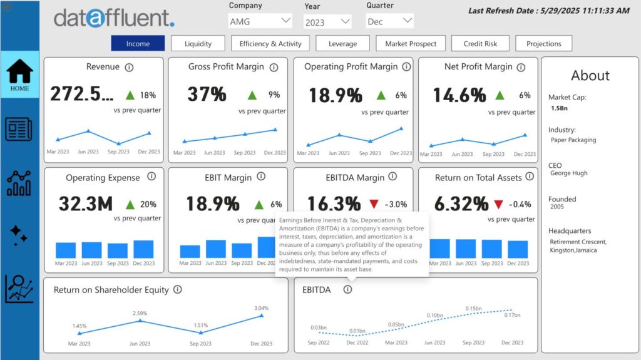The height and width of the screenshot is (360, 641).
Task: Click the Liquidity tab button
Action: click(x=198, y=44)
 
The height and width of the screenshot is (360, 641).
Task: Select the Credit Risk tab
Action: click(x=481, y=44)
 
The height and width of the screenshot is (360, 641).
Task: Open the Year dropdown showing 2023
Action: click(x=327, y=22)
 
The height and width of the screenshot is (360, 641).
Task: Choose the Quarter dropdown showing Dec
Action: click(x=389, y=21)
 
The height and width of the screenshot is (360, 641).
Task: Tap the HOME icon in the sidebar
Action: click(x=19, y=75)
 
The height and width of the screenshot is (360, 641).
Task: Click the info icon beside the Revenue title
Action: click(x=129, y=67)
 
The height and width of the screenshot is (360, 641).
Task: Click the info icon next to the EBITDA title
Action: click(x=347, y=289)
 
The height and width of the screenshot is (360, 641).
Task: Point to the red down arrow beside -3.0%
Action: click(x=374, y=204)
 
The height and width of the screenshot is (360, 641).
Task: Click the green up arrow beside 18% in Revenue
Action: click(x=130, y=95)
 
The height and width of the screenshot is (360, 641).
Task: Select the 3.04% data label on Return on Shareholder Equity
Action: click(x=261, y=308)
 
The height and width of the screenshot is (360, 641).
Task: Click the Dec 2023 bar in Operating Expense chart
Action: click(x=143, y=249)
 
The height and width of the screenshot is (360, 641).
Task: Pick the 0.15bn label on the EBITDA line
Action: click(x=473, y=308)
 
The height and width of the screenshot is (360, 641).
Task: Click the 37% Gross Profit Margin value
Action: click(x=207, y=95)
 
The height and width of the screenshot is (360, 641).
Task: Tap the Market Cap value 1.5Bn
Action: click(x=560, y=108)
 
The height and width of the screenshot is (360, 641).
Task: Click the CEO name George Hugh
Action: click(x=568, y=173)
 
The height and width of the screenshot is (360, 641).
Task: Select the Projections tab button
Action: click(x=543, y=44)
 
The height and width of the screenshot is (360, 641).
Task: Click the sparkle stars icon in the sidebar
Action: click(x=19, y=235)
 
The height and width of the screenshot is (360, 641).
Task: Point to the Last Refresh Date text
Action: click(x=548, y=11)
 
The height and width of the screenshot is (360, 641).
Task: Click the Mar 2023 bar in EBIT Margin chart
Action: click(x=190, y=251)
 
